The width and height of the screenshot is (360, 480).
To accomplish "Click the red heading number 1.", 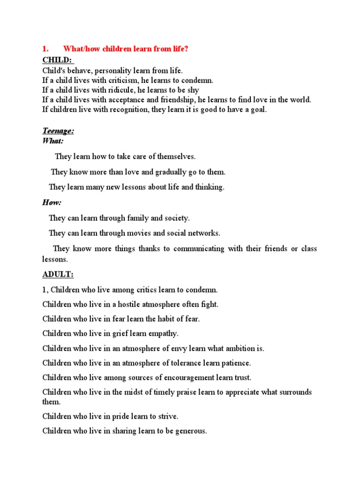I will click(45, 49).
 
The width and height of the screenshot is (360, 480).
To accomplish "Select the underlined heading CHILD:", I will click(58, 60).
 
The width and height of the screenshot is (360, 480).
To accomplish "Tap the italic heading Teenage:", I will click(58, 131).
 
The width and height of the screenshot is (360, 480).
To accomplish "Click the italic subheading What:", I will click(53, 141).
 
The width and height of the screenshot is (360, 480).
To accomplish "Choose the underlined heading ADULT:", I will click(58, 274).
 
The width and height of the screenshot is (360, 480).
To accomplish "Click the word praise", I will click(186, 392).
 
